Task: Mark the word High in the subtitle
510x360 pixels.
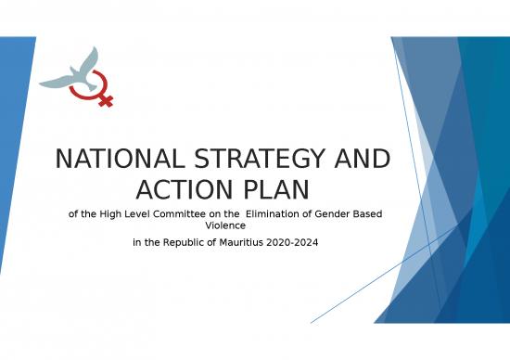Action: tap(118, 214)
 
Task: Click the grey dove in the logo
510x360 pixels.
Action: tap(74, 72)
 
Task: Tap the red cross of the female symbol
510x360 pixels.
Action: tap(105, 98)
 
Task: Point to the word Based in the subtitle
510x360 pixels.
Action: tap(371, 214)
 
